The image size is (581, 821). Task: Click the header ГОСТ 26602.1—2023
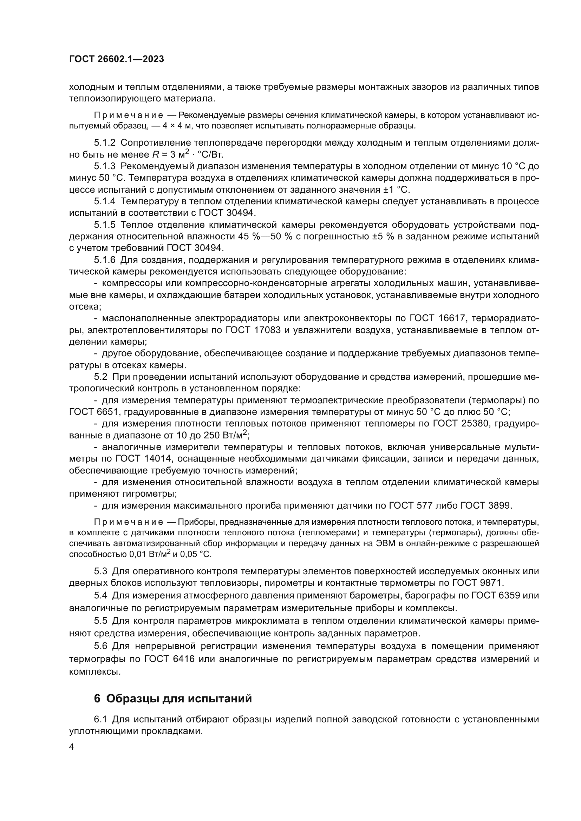(x=117, y=59)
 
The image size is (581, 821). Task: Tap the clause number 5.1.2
(x=104, y=143)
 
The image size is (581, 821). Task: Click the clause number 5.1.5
(x=104, y=225)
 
